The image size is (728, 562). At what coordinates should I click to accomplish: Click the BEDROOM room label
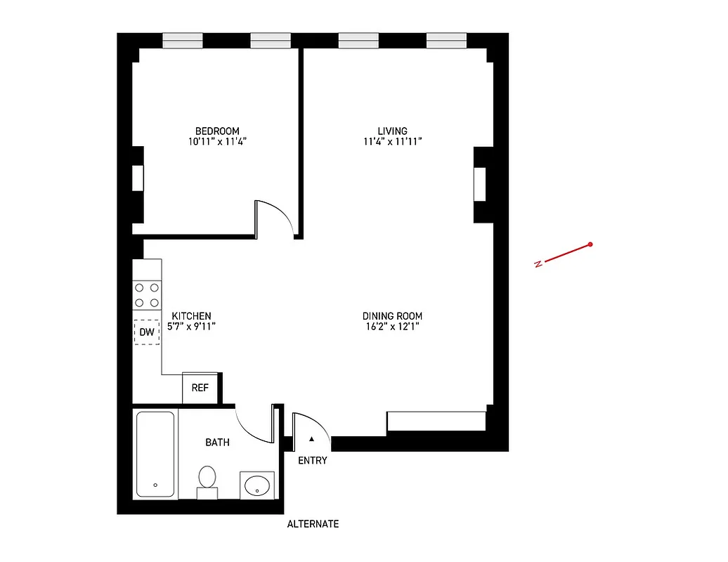[217, 131]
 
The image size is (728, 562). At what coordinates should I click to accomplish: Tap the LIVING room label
[392, 131]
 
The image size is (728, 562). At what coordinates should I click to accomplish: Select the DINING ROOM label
[392, 316]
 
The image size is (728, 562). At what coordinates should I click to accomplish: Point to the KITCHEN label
[191, 316]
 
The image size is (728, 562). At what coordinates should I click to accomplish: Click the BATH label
[217, 443]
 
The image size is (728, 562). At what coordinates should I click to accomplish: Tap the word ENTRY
[313, 461]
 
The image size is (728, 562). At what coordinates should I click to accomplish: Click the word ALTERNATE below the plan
[313, 524]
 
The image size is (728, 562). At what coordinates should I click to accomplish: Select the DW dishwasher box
[147, 332]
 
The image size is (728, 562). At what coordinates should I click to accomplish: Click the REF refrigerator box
[200, 387]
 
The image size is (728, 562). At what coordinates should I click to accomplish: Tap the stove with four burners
[147, 295]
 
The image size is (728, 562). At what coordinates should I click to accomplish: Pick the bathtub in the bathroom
[155, 455]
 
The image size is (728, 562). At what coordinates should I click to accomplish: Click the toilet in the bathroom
[207, 481]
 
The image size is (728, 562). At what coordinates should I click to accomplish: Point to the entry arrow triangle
[312, 439]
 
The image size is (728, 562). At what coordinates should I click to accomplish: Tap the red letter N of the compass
[538, 264]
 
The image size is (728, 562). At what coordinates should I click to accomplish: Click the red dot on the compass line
[590, 244]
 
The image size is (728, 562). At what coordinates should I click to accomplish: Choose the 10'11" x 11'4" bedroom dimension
[217, 141]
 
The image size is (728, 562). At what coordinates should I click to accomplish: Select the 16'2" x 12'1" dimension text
[392, 326]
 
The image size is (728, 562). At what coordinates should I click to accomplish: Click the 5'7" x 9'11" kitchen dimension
[191, 326]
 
